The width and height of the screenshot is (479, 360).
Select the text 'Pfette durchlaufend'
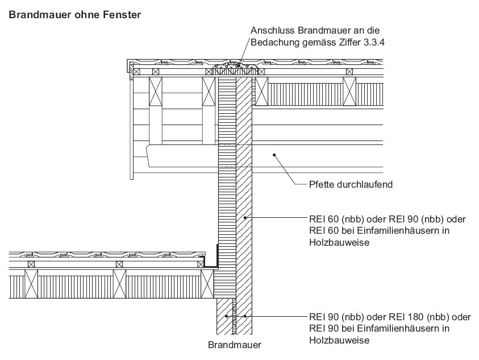[346, 184]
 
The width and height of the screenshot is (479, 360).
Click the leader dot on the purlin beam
[274, 154]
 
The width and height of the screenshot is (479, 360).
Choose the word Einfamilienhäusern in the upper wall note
[381, 230]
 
